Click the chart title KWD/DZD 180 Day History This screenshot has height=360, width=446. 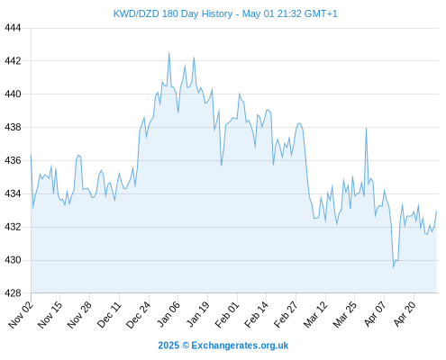pyautogui.click(x=173, y=13)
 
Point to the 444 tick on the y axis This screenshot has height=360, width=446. pyautogui.click(x=13, y=28)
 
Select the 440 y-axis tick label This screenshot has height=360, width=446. pyautogui.click(x=13, y=94)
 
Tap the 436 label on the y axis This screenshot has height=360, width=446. pyautogui.click(x=13, y=160)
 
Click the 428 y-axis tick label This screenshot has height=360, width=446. pyautogui.click(x=13, y=293)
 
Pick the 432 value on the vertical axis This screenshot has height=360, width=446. pyautogui.click(x=13, y=227)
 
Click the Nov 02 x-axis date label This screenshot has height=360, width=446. pyautogui.click(x=21, y=315)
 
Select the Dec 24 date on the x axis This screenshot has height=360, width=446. pyautogui.click(x=139, y=315)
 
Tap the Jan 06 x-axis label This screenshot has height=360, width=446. pyautogui.click(x=168, y=315)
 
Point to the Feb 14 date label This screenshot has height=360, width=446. pyautogui.click(x=257, y=315)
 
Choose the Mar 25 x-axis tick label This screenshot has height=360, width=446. pyautogui.click(x=345, y=315)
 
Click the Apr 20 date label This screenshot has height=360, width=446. pyautogui.click(x=405, y=314)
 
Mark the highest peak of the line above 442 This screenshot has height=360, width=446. pyautogui.click(x=168, y=53)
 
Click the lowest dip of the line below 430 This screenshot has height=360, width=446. pyautogui.click(x=394, y=267)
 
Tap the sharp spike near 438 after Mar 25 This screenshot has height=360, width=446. pyautogui.click(x=366, y=128)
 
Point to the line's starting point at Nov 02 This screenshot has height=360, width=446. pyautogui.click(x=31, y=155)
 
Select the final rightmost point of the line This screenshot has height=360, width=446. pyautogui.click(x=436, y=211)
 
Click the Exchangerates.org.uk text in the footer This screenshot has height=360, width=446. pyautogui.click(x=240, y=346)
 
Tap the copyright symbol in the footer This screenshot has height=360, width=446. pyautogui.click(x=186, y=346)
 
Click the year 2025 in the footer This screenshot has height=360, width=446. pyautogui.click(x=168, y=346)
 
